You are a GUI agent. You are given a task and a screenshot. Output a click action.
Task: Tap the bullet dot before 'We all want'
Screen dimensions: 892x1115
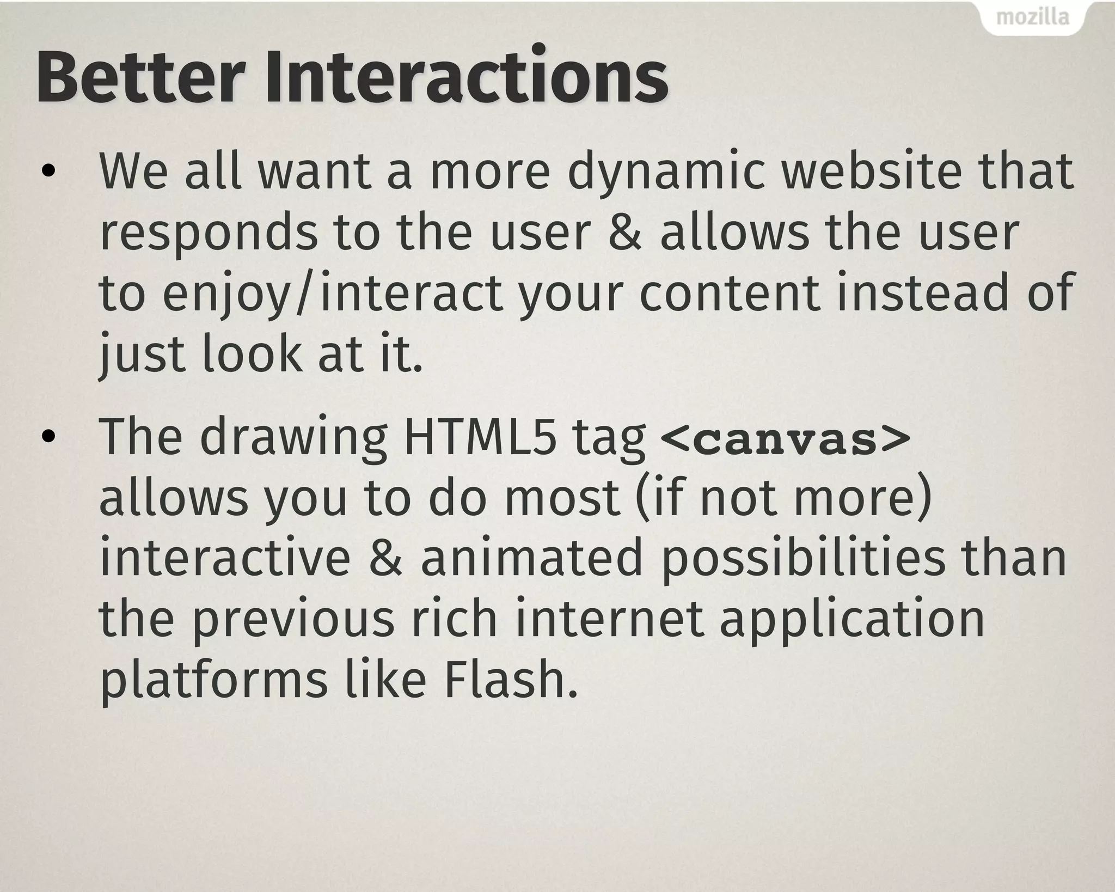(48, 173)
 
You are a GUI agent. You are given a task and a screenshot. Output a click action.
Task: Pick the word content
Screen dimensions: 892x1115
(730, 294)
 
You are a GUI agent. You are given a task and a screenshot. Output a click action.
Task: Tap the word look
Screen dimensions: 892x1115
(251, 355)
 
